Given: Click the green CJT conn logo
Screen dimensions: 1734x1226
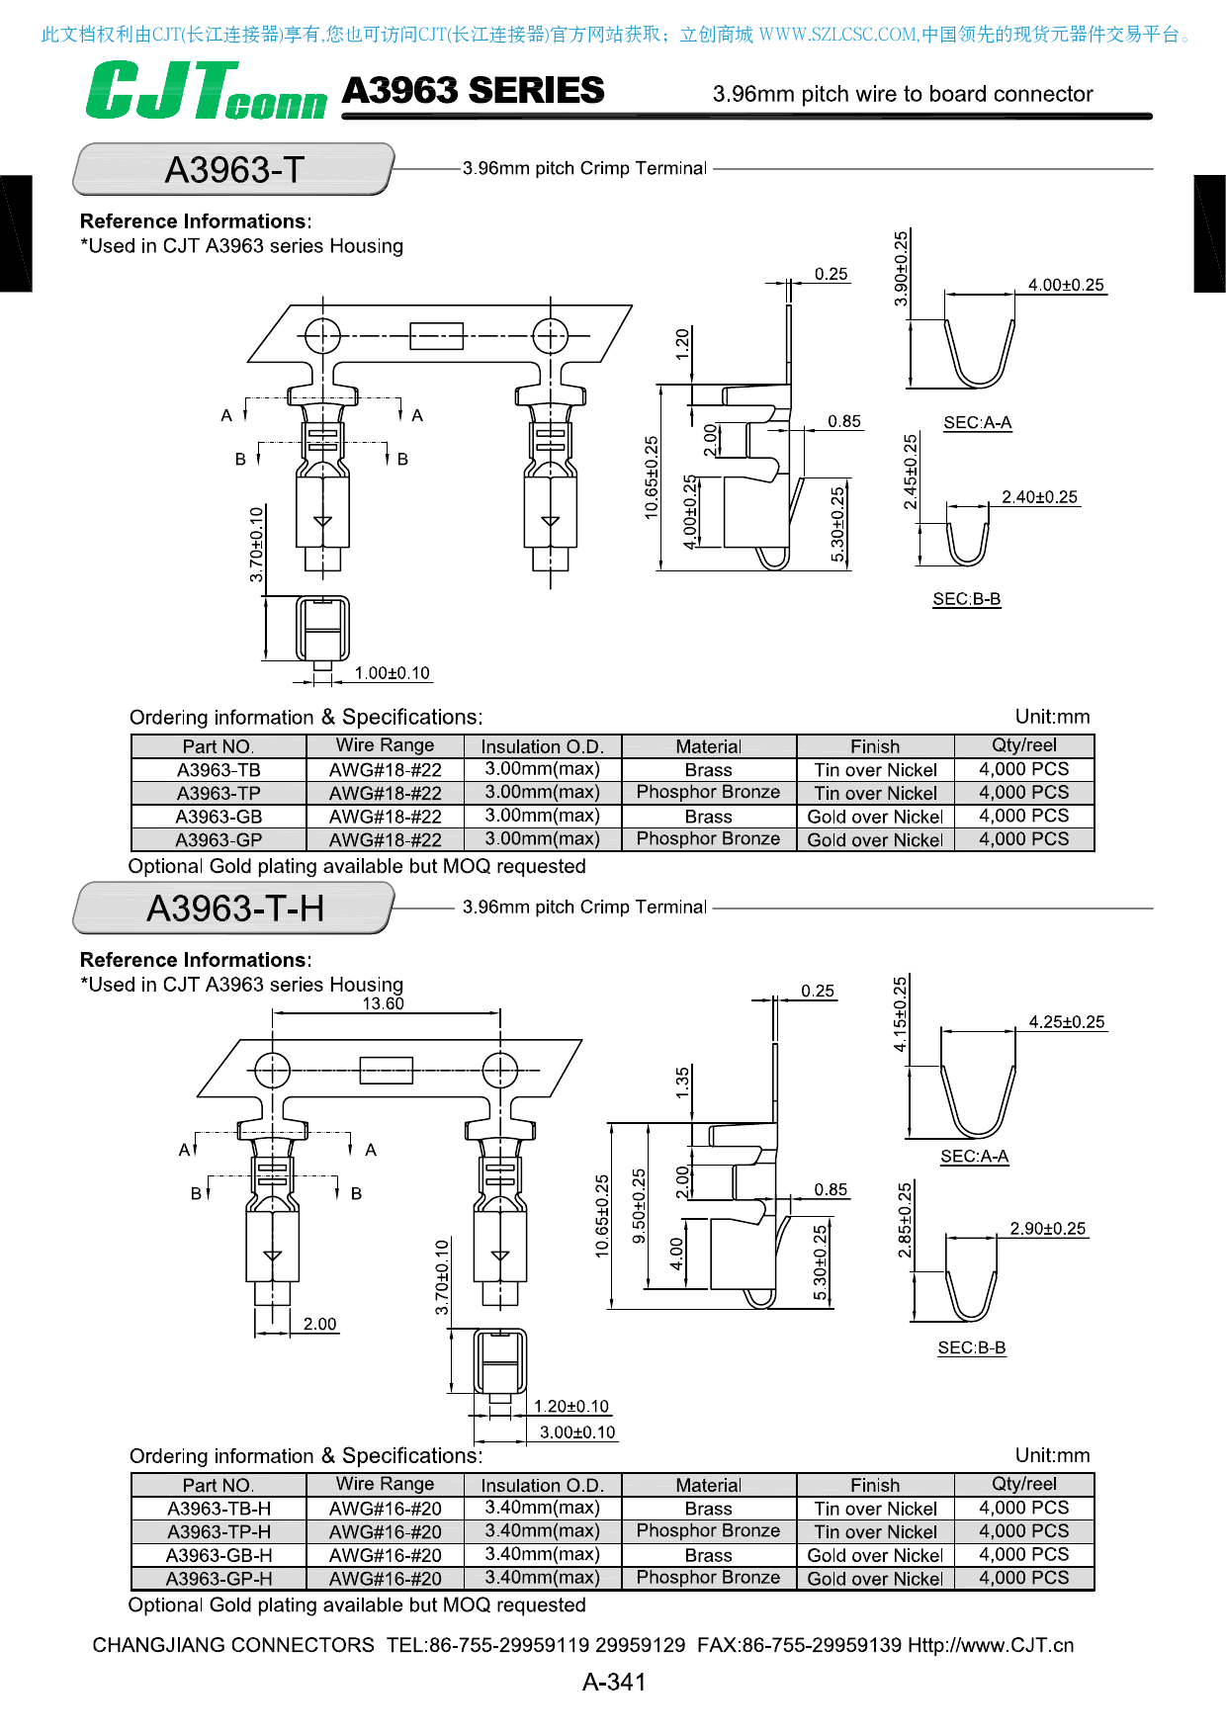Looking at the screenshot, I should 205,91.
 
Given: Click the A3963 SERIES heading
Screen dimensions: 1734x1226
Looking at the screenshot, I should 473,91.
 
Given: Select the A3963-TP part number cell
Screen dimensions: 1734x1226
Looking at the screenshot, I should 219,793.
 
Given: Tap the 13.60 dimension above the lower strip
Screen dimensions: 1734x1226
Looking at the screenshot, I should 383,1003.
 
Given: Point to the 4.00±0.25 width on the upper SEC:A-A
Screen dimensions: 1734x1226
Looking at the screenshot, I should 1065,285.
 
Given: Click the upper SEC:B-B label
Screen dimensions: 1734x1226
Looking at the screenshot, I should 966,599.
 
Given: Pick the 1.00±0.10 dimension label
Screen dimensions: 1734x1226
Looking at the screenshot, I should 392,673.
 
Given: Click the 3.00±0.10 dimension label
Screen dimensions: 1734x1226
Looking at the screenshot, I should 576,1432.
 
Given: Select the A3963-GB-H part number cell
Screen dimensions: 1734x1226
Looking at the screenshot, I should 219,1555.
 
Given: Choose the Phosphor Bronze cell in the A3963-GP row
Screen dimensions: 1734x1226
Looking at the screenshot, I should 708,839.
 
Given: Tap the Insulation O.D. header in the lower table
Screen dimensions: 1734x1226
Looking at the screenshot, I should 541,1485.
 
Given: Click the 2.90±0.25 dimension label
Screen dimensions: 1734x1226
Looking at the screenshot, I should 1047,1229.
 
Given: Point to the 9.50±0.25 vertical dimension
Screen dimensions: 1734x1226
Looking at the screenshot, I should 639,1206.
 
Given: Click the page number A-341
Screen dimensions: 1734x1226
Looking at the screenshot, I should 613,1682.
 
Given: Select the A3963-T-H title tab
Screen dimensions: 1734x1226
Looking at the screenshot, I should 234,909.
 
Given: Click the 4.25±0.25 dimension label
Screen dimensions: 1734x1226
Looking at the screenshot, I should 1066,1022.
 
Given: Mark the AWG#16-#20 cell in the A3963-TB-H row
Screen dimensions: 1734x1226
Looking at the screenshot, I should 385,1509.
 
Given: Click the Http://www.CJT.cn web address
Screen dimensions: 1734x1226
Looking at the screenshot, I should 990,1645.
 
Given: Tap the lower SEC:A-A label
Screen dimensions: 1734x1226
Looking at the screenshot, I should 974,1156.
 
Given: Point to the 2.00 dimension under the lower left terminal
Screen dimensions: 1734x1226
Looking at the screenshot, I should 319,1324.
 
